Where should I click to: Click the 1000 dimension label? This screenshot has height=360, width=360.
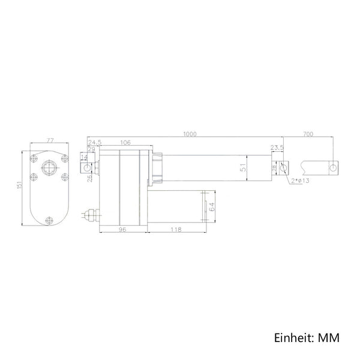click(190, 134)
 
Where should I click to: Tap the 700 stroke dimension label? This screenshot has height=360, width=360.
click(308, 134)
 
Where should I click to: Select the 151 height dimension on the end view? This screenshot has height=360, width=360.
click(19, 185)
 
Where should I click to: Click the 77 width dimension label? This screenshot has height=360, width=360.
click(50, 140)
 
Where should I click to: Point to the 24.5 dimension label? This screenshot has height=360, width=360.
click(95, 142)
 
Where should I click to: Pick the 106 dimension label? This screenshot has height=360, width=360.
click(125, 143)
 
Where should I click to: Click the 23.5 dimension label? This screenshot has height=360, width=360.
click(277, 148)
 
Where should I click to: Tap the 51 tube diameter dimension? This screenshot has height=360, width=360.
click(244, 167)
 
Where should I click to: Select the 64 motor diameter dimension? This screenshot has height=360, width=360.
click(212, 206)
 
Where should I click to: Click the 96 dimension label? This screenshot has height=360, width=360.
click(123, 229)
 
